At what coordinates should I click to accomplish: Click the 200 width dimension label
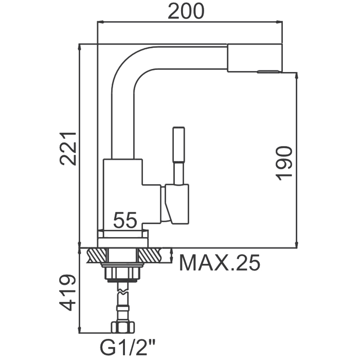[x=186, y=11]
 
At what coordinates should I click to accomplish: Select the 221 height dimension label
[x=67, y=148]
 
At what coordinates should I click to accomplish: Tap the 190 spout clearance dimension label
[x=284, y=163]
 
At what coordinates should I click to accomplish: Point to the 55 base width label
[x=125, y=220]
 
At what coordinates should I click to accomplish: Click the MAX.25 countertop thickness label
[x=220, y=262]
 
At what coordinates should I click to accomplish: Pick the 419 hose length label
[x=67, y=292]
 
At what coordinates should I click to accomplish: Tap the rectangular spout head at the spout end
[x=255, y=58]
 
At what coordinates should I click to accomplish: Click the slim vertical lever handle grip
[x=179, y=144]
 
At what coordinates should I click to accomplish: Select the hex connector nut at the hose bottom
[x=123, y=327]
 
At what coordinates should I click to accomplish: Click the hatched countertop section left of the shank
[x=97, y=255]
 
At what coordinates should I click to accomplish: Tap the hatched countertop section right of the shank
[x=150, y=255]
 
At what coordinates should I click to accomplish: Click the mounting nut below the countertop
[x=123, y=273]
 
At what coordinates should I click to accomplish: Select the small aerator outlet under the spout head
[x=268, y=71]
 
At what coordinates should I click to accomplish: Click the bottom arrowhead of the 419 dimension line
[x=80, y=330]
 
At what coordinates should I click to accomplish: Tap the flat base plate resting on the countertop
[x=123, y=243]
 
